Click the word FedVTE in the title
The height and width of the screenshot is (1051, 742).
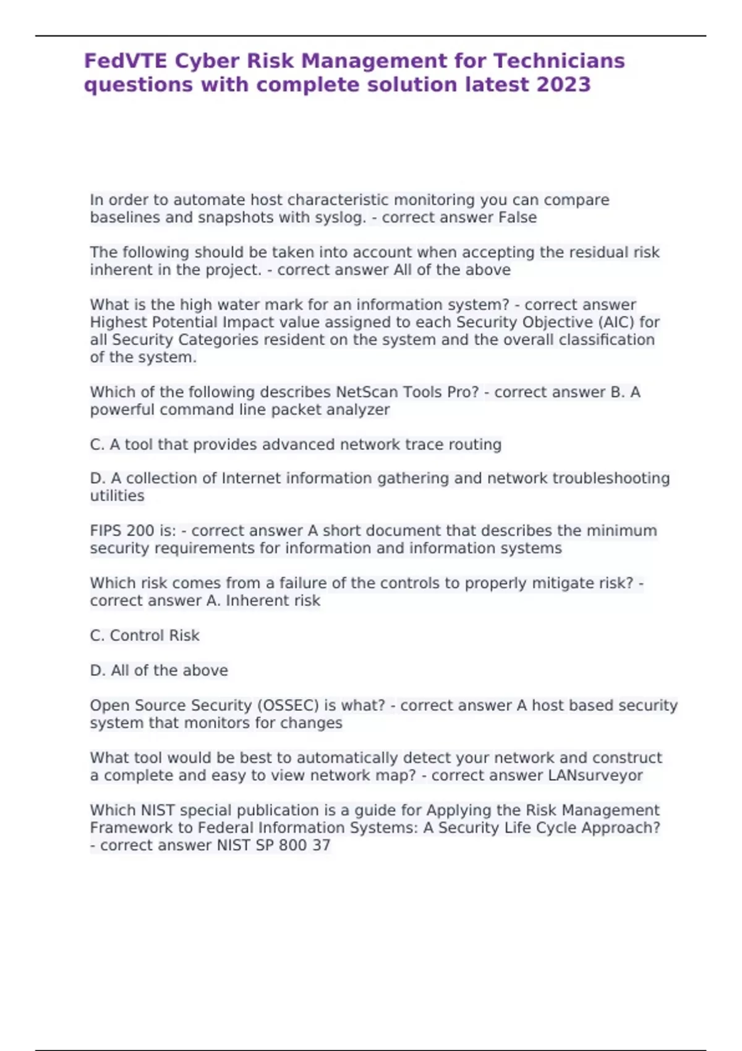click(x=126, y=61)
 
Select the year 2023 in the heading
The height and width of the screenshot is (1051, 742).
click(x=563, y=84)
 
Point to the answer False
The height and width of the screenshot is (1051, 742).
click(x=518, y=218)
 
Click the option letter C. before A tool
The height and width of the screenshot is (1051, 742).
click(x=98, y=445)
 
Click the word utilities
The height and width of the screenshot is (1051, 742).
click(x=117, y=495)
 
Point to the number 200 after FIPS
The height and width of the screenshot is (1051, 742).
click(x=140, y=530)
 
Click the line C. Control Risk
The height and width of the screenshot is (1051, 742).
click(x=145, y=636)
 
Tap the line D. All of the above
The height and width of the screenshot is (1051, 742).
click(x=159, y=670)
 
